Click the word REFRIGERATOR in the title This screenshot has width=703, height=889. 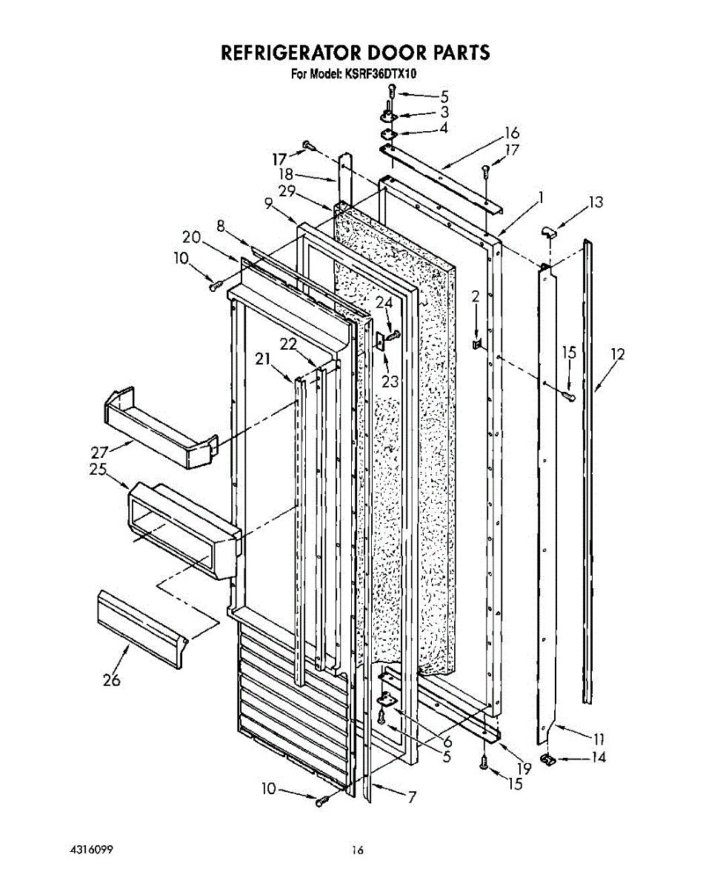click(x=284, y=53)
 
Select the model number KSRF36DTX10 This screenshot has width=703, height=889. click(x=380, y=74)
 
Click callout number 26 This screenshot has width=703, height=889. click(x=112, y=680)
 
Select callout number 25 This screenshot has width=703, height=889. click(x=98, y=470)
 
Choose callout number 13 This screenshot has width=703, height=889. click(x=596, y=202)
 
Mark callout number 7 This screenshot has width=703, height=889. click(x=412, y=797)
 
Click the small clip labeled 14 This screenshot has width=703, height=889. click(x=549, y=759)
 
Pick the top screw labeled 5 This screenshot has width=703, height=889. click(x=393, y=93)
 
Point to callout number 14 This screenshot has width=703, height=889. click(x=598, y=757)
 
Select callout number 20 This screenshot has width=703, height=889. click(x=191, y=237)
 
